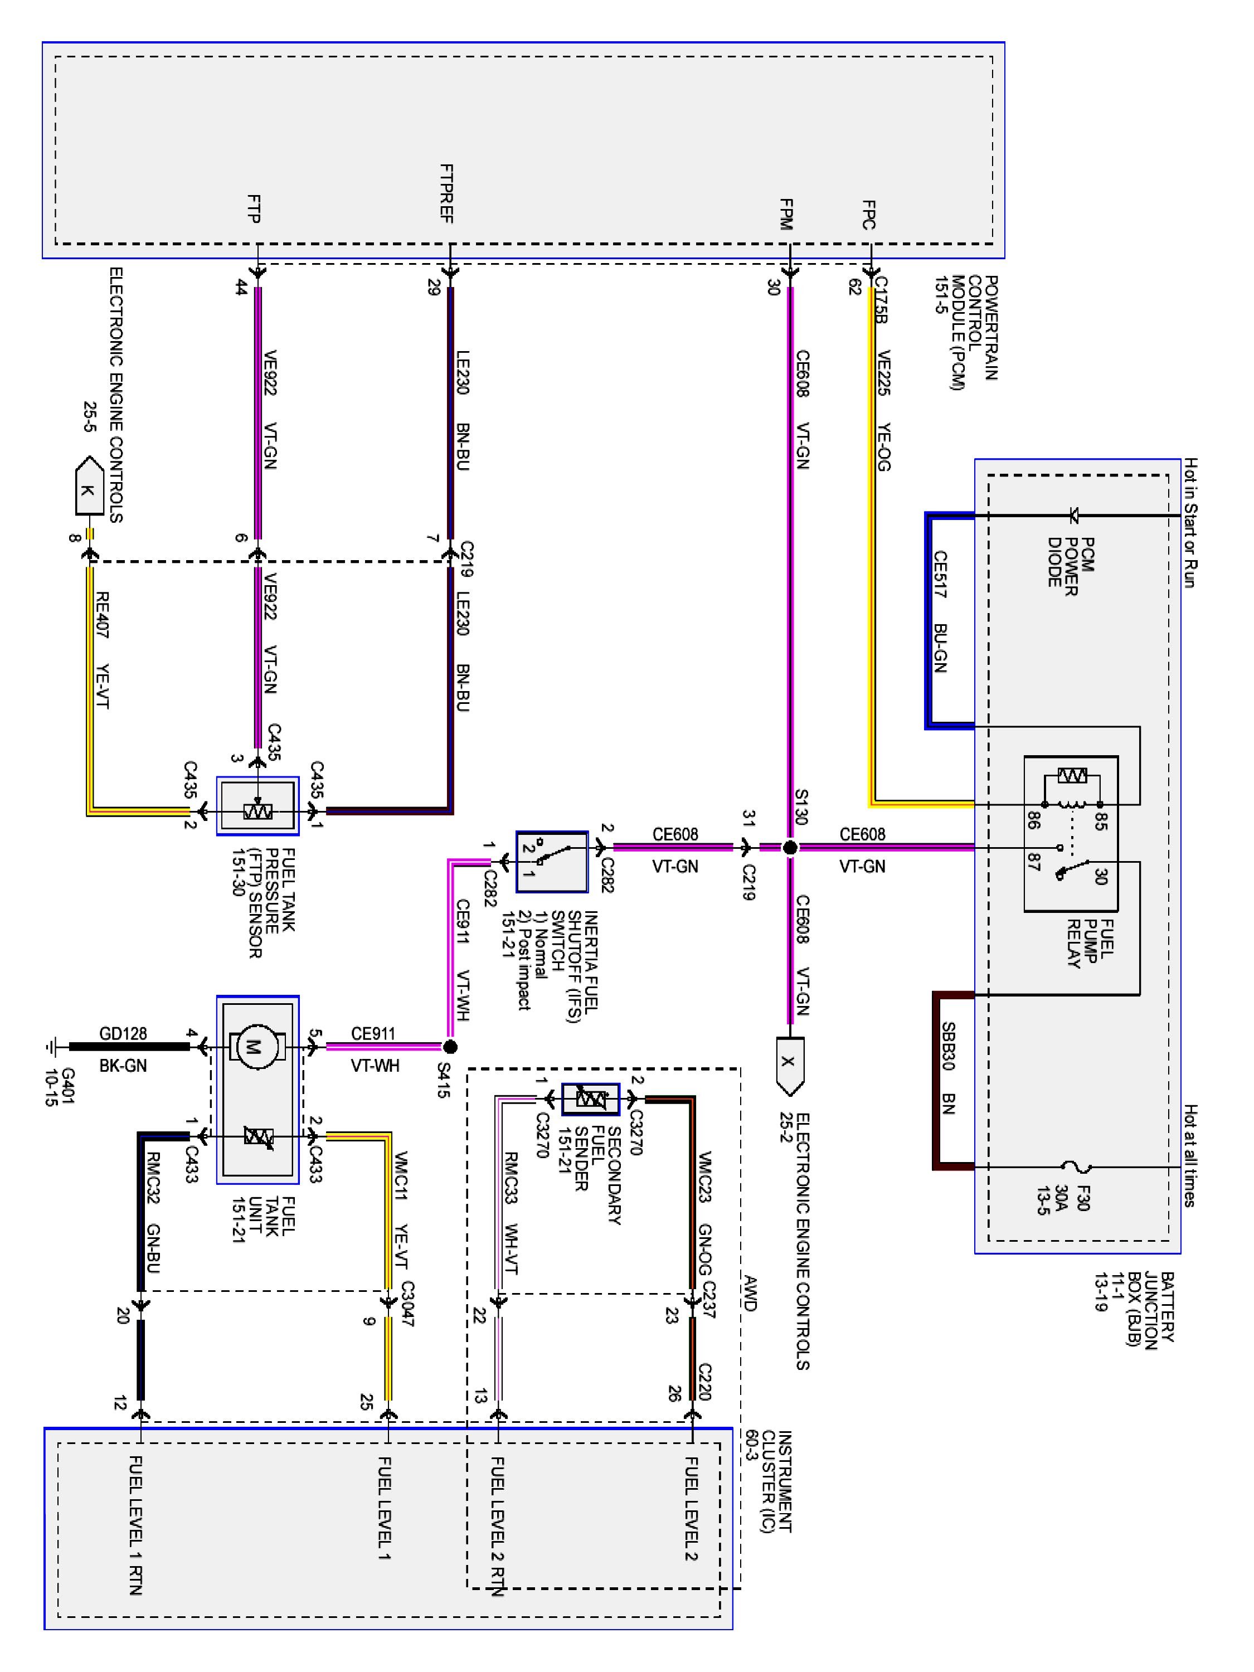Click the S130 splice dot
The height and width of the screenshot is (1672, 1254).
coord(790,847)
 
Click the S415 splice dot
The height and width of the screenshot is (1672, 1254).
coord(450,1047)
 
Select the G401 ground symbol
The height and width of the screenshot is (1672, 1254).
coord(51,1047)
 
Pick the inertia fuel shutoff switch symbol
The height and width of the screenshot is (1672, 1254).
coord(551,862)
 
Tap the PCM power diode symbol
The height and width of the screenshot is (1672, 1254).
coord(1073,516)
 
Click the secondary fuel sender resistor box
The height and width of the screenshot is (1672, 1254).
coord(590,1099)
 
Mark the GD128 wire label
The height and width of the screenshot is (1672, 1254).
coord(123,1033)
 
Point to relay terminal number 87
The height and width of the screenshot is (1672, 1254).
coord(1033,862)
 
